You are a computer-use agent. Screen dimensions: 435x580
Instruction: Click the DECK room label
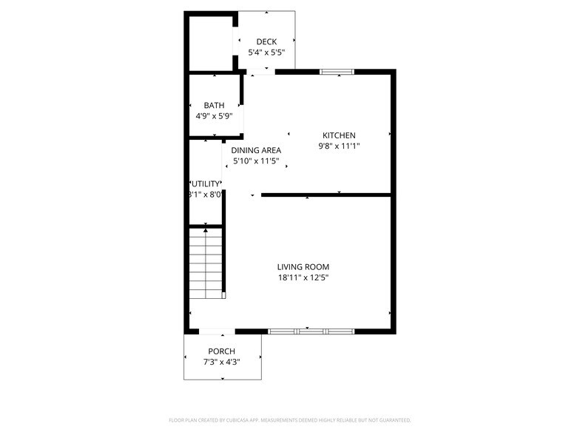tap(266, 41)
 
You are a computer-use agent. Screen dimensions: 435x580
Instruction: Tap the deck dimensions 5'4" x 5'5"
tap(266, 53)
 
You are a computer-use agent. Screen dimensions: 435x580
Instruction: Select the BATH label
tap(214, 106)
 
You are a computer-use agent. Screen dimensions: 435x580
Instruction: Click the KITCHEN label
tap(339, 135)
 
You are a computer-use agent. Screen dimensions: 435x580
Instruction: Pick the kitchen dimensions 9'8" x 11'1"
tap(339, 146)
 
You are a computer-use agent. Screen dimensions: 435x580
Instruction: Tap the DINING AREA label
tap(256, 150)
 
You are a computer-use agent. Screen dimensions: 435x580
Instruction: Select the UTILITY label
tap(206, 183)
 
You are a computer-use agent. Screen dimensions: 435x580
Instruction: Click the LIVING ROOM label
tap(303, 267)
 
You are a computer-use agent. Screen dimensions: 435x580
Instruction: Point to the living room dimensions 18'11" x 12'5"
tap(303, 278)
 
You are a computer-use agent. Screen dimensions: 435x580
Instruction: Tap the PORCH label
tap(221, 351)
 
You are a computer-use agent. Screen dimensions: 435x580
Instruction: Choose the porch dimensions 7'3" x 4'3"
tap(221, 362)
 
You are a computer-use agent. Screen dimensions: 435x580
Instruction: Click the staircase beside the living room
tap(206, 263)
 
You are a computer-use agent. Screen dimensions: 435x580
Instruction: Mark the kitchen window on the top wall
tap(337, 72)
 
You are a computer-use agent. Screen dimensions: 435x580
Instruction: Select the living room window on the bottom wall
tap(311, 331)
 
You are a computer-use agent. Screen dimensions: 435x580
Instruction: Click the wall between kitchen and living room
tap(326, 195)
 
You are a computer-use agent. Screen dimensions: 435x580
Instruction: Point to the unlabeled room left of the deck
tap(212, 42)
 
